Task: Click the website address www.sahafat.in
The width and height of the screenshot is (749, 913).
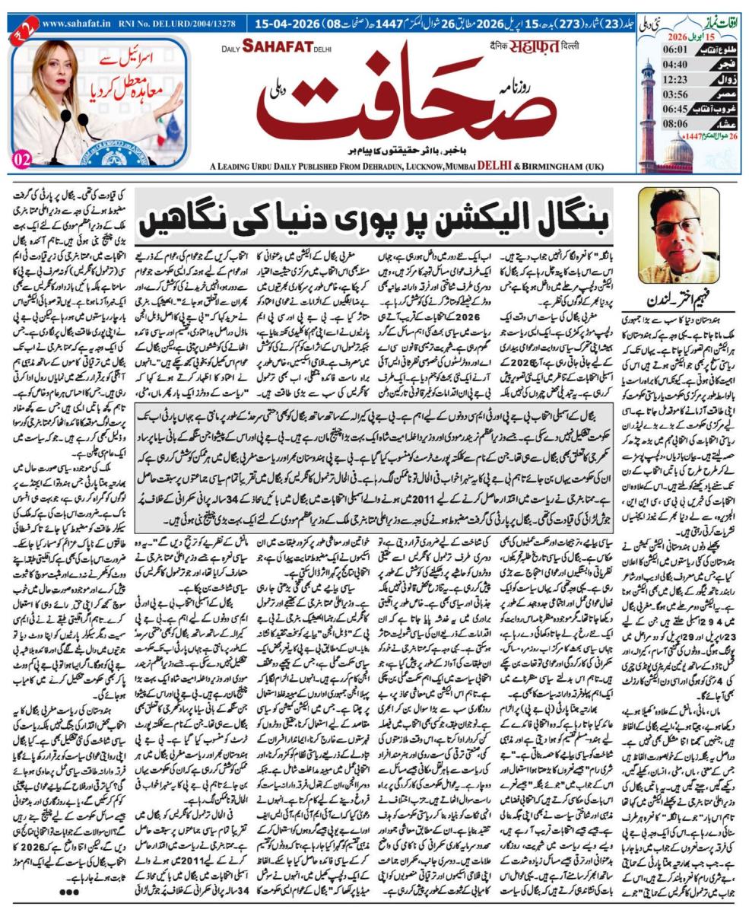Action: pyautogui.click(x=73, y=24)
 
